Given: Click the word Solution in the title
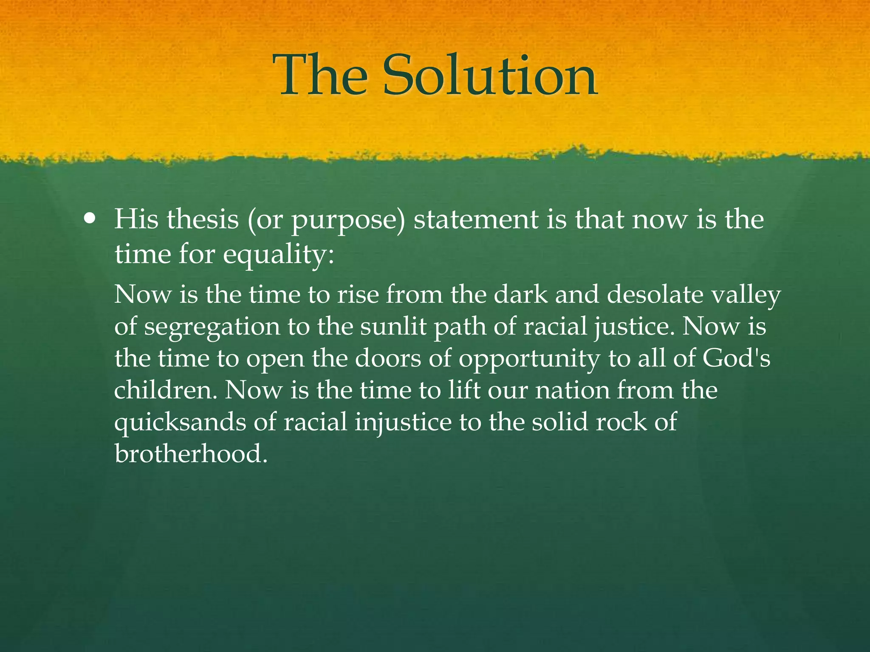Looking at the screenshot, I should (x=490, y=76).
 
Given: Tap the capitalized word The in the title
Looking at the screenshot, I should (x=320, y=76).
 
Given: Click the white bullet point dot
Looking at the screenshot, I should (x=90, y=219).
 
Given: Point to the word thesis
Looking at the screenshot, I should (x=203, y=219).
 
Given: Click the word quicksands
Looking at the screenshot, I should (x=180, y=423).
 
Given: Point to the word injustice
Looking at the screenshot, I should (x=403, y=423).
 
